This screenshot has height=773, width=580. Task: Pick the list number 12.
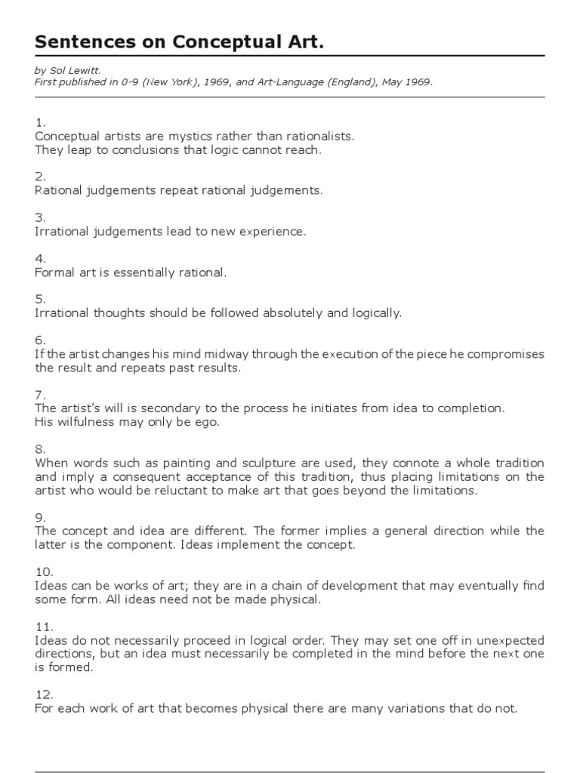pyautogui.click(x=43, y=694)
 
